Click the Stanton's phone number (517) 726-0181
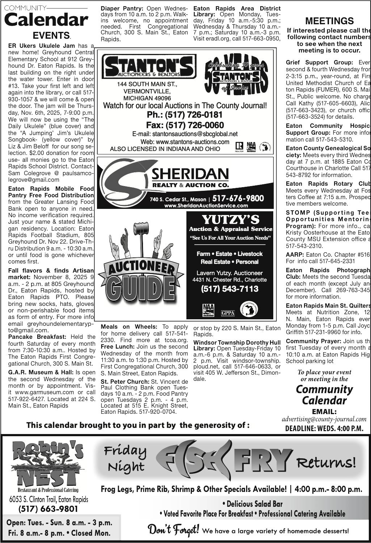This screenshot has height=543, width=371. click(x=185, y=115)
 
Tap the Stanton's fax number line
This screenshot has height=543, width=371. click(x=185, y=125)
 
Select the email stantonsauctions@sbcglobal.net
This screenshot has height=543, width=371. click(x=185, y=134)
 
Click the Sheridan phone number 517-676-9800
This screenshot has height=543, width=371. click(x=238, y=198)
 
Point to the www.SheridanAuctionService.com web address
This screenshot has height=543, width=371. click(x=206, y=206)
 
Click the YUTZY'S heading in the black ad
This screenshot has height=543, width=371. click(x=230, y=220)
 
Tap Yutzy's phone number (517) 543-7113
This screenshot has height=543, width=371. click(x=230, y=289)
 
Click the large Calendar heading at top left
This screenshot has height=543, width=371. click(x=46, y=20)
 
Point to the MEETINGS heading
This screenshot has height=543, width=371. click(x=329, y=21)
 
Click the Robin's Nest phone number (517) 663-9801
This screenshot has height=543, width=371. click(x=48, y=509)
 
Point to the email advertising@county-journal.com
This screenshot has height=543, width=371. click(x=324, y=419)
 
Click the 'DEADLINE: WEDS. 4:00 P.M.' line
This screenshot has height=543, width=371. click(x=324, y=429)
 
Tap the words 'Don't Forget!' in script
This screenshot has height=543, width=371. click(x=173, y=530)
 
